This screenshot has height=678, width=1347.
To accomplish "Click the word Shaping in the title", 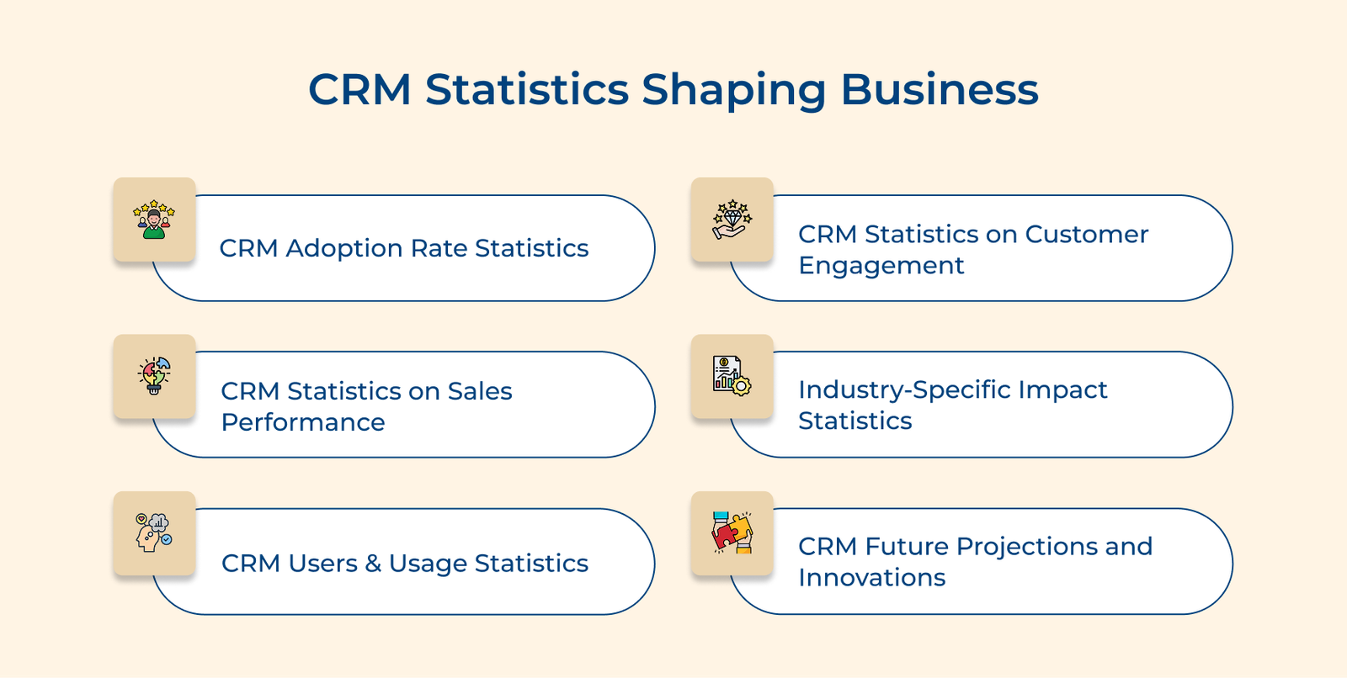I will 733,90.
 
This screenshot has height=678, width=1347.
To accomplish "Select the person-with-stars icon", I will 154,220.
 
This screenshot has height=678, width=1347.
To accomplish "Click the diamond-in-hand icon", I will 732,220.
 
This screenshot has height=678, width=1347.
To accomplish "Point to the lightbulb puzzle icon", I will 154,376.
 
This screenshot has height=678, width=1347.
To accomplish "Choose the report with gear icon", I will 732,376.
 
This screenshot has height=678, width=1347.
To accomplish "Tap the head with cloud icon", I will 154,533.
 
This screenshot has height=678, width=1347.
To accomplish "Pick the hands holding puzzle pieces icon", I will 732,533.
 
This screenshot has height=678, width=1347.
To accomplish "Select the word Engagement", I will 881,266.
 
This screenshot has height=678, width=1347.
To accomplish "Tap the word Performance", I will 303,422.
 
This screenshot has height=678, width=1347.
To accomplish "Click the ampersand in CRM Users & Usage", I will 373,564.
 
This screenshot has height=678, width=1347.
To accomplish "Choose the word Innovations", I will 871,578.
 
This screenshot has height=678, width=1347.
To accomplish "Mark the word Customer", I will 1086,235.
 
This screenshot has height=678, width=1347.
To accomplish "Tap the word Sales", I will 480,391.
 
